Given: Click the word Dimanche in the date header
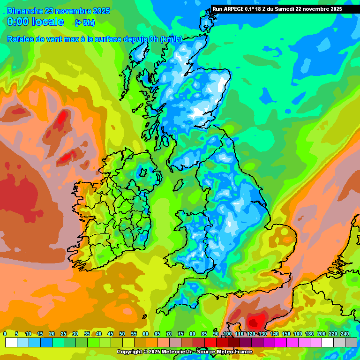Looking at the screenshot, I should [25, 11].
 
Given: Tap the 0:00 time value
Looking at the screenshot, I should [17, 22].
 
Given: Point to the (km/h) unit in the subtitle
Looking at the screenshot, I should [171, 39].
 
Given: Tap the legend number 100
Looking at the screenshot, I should [227, 334].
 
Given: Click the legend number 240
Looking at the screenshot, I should [345, 334].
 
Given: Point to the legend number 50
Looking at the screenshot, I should [122, 334].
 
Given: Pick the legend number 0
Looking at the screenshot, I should [5, 334].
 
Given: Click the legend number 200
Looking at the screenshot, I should [321, 334].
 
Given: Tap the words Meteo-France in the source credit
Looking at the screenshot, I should [233, 352].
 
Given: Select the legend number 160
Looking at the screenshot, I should [298, 334].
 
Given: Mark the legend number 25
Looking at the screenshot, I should [63, 334].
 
